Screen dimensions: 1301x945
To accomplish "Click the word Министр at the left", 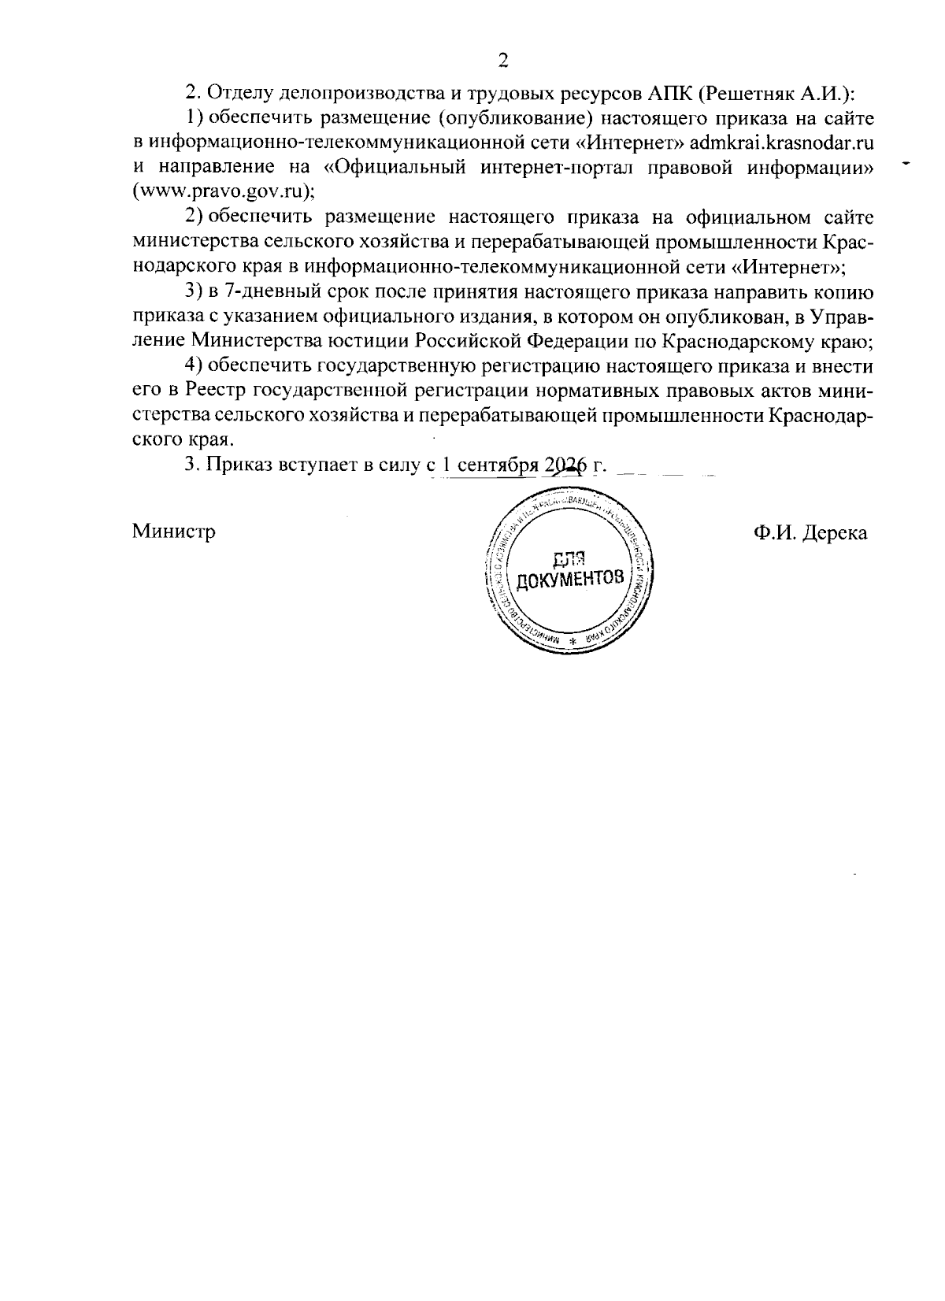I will (x=174, y=532).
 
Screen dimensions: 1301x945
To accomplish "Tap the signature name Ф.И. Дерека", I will (x=810, y=533).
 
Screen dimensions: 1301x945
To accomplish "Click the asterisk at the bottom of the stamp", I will (x=573, y=641).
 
